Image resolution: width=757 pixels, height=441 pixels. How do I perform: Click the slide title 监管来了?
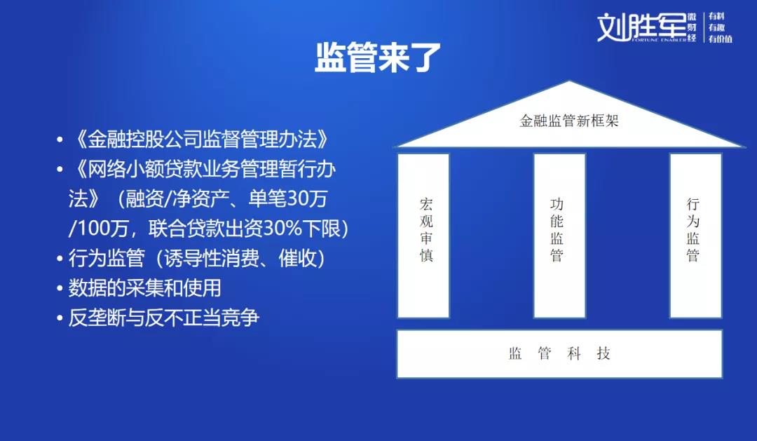[378, 57]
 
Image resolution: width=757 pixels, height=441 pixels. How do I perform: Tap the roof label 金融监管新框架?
[568, 121]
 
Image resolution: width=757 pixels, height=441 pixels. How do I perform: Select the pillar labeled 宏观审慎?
[423, 236]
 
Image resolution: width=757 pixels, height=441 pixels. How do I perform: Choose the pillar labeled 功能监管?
[559, 236]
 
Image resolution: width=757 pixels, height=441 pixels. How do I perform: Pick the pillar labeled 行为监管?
[695, 236]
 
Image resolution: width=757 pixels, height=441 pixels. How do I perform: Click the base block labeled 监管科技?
[559, 353]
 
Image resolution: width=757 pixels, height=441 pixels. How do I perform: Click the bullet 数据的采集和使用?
[144, 288]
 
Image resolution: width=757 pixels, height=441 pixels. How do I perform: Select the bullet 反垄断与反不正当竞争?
[163, 318]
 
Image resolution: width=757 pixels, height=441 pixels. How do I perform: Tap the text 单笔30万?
[288, 199]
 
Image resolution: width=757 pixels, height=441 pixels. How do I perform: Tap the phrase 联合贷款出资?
[205, 229]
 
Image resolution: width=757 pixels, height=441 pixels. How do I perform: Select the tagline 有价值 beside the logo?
[721, 39]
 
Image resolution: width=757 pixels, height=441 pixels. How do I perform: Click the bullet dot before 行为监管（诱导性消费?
[60, 259]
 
